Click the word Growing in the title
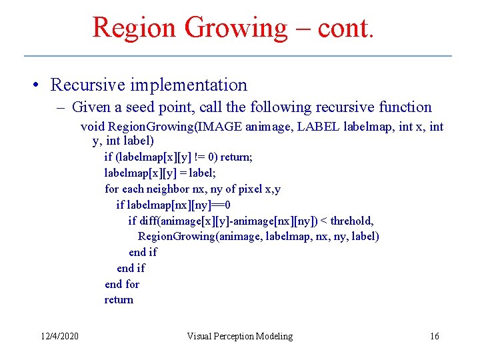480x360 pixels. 235,28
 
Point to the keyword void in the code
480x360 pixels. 93,127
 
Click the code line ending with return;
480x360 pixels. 178,157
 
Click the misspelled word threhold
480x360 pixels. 351,221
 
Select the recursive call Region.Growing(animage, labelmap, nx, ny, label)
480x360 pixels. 259,236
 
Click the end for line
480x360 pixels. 122,284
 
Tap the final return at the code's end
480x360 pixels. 119,299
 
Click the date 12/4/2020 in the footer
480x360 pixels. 59,336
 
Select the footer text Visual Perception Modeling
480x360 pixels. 239,336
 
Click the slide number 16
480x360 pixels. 434,336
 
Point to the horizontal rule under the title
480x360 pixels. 238,55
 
